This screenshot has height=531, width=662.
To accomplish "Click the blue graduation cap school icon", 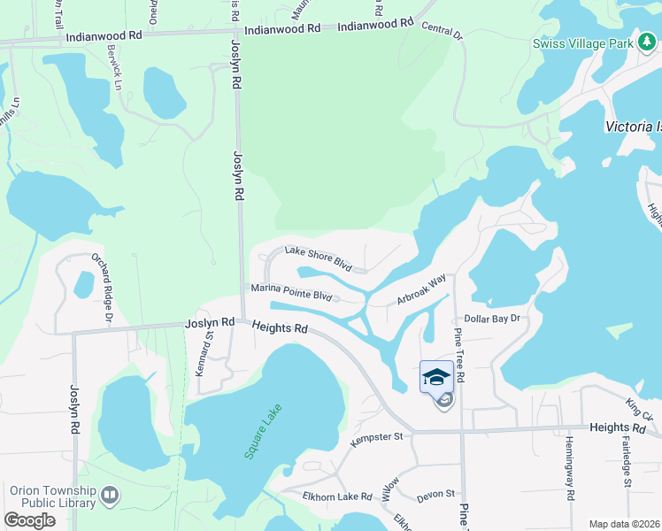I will pos(437,377).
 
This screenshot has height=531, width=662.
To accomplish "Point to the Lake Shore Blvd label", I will pos(318,259).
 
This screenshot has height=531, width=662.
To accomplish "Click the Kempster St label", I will pos(376,437).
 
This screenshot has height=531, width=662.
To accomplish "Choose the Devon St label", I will pos(435,495).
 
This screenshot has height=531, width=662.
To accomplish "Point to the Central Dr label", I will pos(442,32).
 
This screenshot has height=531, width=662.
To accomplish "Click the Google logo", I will pos(30,520).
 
